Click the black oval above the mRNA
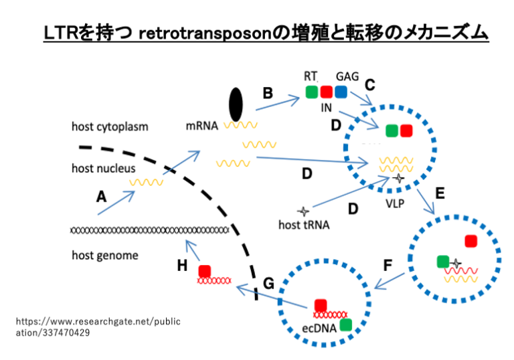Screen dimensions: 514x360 click(236, 104)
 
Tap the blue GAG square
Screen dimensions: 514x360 click(341, 92)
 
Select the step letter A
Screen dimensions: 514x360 click(101, 197)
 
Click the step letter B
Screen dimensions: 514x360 click(268, 93)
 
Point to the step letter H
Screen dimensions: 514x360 click(182, 266)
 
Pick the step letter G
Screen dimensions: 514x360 click(268, 284)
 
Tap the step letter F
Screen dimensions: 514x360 click(388, 265)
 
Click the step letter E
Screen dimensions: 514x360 click(440, 193)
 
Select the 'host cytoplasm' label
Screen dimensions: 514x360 click(110, 126)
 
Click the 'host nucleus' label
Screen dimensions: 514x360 click(103, 168)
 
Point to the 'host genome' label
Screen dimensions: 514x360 click(105, 255)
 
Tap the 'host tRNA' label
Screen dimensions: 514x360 click(304, 225)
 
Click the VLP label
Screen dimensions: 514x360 click(395, 204)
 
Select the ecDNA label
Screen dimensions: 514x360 click(319, 328)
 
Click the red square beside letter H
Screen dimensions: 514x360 click(205, 272)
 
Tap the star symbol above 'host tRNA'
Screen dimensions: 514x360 click(303, 211)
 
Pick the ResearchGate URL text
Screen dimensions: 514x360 click(98, 327)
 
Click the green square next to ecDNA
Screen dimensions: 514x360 click(346, 325)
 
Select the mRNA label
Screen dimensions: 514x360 click(202, 126)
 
